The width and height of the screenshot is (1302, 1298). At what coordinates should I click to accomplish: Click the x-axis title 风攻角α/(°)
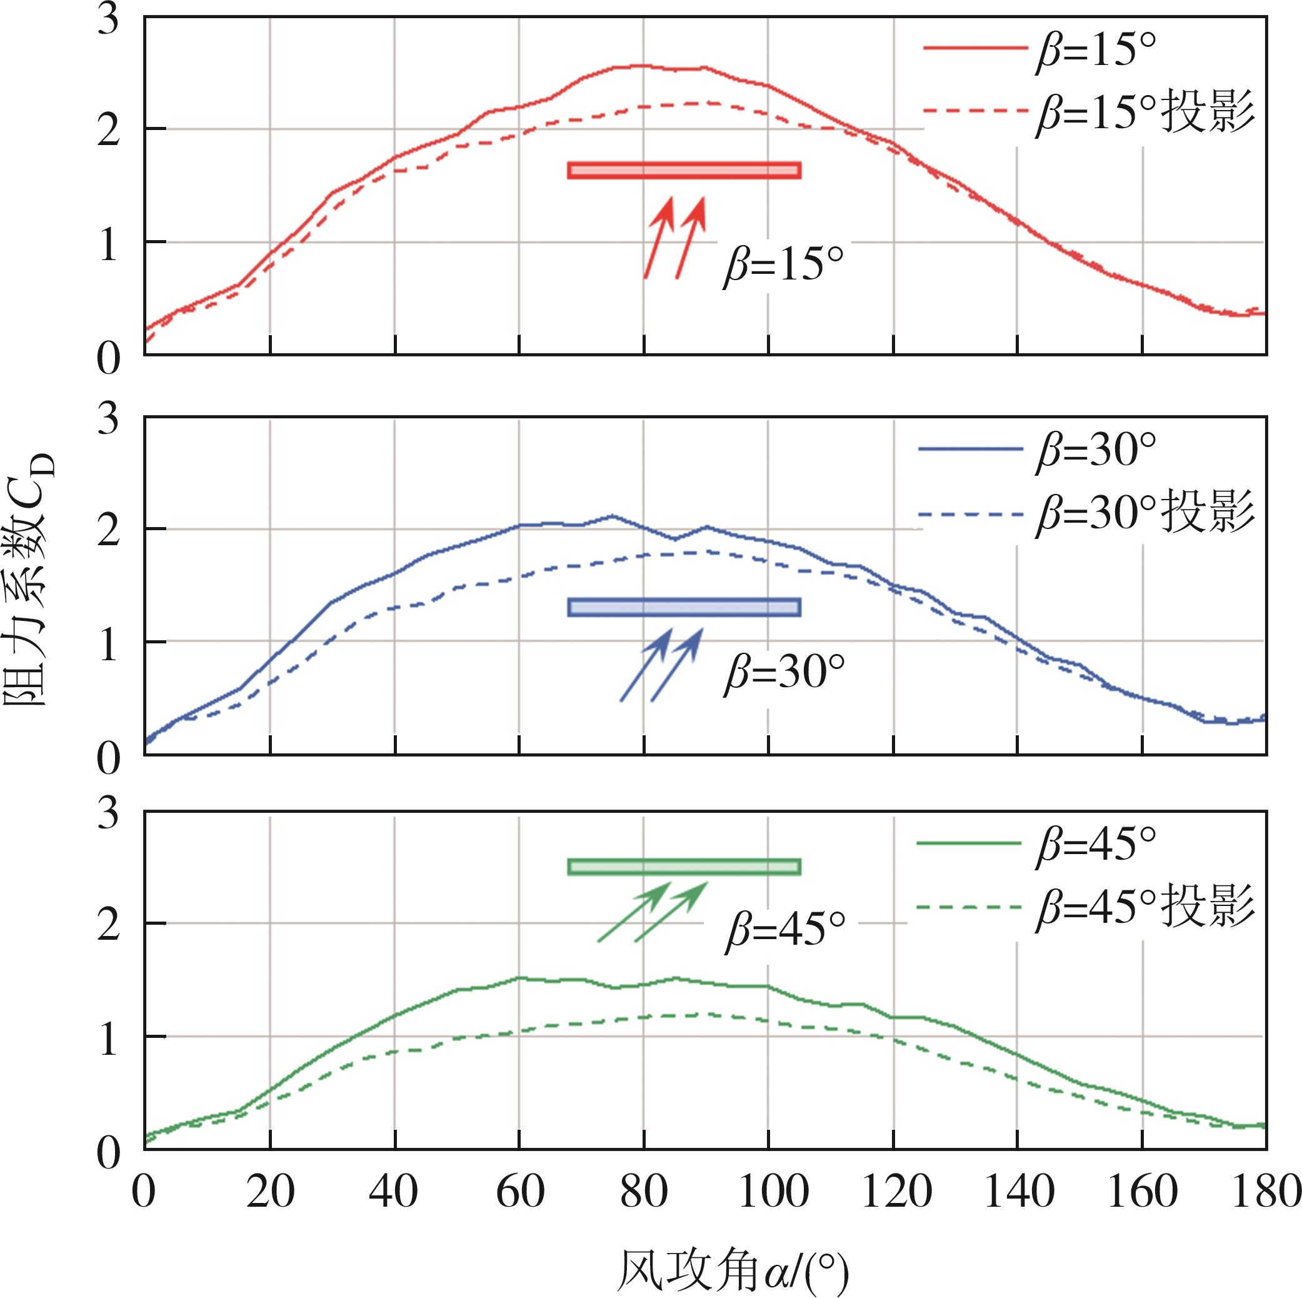[732, 1271]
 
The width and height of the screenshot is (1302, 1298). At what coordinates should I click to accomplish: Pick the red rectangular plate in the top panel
[684, 171]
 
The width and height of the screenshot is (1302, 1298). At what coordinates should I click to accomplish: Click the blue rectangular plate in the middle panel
[684, 607]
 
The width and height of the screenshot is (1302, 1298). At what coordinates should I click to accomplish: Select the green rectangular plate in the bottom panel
[684, 867]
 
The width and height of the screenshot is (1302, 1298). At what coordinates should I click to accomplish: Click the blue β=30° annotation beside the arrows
[784, 673]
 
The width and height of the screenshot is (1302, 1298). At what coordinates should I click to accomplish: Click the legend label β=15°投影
[1145, 112]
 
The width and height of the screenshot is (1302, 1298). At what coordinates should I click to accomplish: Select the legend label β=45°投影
[1145, 907]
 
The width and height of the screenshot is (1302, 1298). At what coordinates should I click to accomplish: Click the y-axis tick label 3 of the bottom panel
[108, 813]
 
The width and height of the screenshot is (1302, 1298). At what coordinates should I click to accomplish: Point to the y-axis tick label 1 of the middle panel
[108, 642]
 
